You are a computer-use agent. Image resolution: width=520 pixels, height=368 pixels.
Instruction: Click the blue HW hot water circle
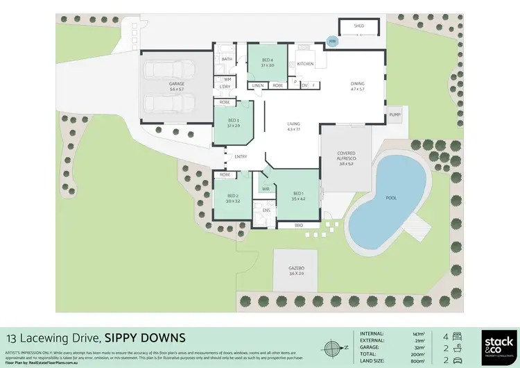[332, 42]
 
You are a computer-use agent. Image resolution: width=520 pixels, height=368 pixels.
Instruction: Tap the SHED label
[358, 26]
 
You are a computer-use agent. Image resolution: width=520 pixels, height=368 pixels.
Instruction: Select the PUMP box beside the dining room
[395, 115]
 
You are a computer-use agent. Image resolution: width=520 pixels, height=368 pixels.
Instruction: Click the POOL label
[391, 197]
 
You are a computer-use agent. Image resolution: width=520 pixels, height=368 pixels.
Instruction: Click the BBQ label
[299, 225]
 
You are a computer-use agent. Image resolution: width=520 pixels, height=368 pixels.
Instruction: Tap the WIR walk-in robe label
[265, 187]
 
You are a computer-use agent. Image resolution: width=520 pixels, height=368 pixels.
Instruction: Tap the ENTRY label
[241, 157]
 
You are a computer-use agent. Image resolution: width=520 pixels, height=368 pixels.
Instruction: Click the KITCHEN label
[305, 65]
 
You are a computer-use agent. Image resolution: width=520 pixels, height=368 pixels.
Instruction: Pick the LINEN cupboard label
[258, 85]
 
